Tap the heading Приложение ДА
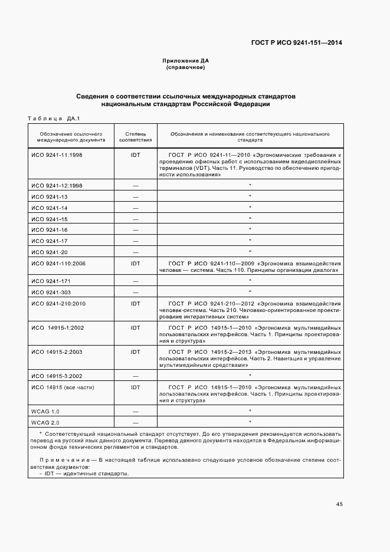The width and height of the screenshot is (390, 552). [x=186, y=61]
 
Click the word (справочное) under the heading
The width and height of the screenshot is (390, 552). [x=186, y=67]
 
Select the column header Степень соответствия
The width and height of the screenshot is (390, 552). [x=136, y=137]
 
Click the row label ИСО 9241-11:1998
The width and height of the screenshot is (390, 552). [x=57, y=154]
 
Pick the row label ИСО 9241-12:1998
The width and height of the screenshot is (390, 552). [x=57, y=185]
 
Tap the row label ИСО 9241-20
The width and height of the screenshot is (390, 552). [x=50, y=252]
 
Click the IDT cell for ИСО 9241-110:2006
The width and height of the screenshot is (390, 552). [x=136, y=263]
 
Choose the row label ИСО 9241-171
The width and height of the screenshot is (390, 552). [x=51, y=281]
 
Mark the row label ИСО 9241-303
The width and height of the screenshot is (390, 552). [x=51, y=292]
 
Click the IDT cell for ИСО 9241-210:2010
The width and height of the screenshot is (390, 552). [x=136, y=303]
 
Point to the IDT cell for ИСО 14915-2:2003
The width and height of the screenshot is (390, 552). [x=136, y=351]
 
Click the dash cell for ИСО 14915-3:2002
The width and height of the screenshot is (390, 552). [x=136, y=376]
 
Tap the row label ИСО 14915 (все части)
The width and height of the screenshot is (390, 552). [x=63, y=387]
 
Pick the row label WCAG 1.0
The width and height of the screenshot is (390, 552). [x=45, y=411]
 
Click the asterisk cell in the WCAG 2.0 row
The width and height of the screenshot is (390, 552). [x=250, y=422]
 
